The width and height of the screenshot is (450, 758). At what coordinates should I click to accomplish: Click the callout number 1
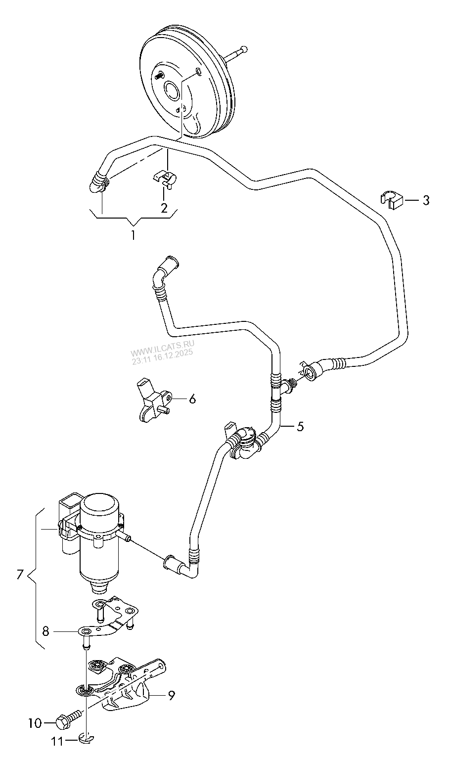[133, 235]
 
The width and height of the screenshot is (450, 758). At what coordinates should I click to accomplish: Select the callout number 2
[164, 208]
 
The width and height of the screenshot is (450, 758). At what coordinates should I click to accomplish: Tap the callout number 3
[425, 200]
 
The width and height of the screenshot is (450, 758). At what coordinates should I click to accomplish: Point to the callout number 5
[300, 426]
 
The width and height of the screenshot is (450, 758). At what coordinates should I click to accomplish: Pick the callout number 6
[192, 399]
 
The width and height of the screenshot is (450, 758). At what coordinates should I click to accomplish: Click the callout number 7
[20, 574]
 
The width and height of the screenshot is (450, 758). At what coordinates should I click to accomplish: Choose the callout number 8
[45, 631]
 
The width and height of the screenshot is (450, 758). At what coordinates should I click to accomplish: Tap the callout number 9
[171, 696]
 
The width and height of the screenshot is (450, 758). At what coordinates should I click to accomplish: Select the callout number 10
[35, 723]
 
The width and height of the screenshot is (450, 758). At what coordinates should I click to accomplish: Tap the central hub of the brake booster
[173, 91]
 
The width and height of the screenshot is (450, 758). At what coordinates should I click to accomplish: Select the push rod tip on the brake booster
[243, 49]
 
